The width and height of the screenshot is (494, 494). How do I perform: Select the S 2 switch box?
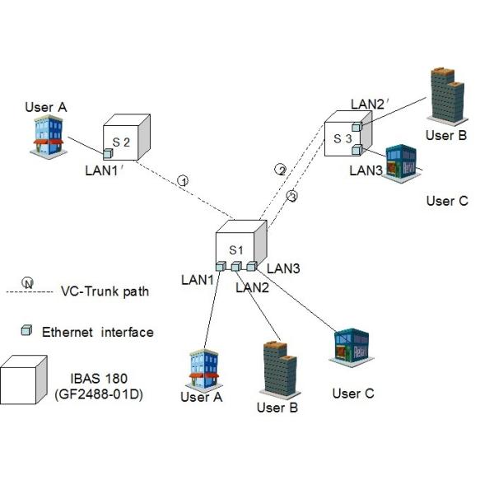(x=126, y=138)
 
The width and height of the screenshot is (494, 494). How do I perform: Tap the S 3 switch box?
(x=347, y=137)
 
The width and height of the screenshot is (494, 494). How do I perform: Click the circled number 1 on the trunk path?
(x=184, y=180)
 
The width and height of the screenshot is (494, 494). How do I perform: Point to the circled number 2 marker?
(x=281, y=170)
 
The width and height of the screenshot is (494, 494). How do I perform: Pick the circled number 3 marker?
(x=291, y=196)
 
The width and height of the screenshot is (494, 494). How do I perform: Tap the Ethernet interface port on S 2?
(x=108, y=154)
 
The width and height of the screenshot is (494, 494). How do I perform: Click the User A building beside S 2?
(x=49, y=135)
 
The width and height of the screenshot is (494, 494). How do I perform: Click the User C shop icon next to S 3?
(x=403, y=162)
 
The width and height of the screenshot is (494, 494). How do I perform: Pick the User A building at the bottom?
(x=202, y=369)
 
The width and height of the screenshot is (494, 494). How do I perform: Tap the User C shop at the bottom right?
(x=348, y=349)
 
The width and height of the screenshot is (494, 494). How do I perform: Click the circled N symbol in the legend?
(x=27, y=283)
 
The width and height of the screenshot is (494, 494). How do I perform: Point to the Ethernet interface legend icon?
(x=27, y=330)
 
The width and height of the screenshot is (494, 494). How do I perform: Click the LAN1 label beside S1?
(x=197, y=281)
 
